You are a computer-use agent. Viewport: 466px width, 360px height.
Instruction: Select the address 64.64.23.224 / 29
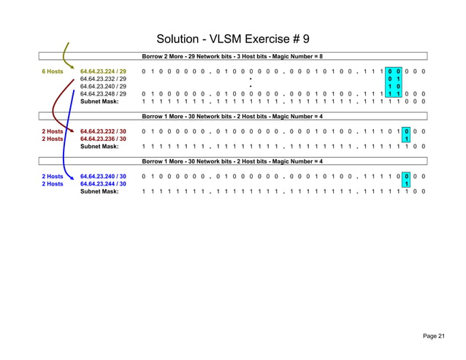[x=103, y=72]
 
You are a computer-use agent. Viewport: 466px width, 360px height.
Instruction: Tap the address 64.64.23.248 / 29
[x=103, y=94]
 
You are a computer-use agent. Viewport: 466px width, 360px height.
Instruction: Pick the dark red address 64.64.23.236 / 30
[x=103, y=139]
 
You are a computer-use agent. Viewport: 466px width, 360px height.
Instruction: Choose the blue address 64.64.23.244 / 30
[x=103, y=184]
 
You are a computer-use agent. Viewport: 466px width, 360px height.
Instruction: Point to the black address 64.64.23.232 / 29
[x=103, y=80]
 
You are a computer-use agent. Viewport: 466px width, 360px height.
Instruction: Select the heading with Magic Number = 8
[x=232, y=56]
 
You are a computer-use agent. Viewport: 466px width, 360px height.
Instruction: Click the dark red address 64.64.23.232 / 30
[x=103, y=131]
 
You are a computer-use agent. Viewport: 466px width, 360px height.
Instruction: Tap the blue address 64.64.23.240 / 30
[x=103, y=177]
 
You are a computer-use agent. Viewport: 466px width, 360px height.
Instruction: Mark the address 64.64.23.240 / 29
[x=103, y=87]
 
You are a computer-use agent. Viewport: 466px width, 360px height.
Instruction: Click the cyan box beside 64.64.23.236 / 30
[x=406, y=139]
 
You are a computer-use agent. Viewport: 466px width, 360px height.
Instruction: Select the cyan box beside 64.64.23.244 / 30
[x=406, y=184]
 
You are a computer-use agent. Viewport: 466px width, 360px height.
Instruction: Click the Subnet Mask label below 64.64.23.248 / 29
[x=99, y=102]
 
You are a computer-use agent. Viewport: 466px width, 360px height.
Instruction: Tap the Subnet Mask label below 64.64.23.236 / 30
[x=99, y=146]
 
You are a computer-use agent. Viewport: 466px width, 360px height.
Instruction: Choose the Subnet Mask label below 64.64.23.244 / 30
[x=99, y=191]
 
